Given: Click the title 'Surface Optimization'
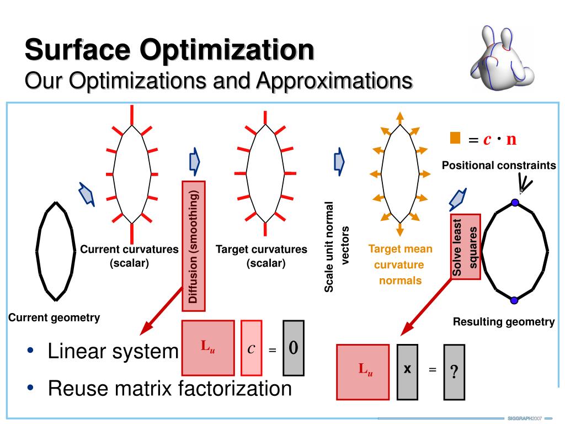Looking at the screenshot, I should pyautogui.click(x=169, y=50).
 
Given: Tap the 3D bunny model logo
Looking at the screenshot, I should pyautogui.click(x=502, y=57).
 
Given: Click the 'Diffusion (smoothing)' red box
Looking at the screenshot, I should pyautogui.click(x=194, y=246).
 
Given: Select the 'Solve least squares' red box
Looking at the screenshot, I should pyautogui.click(x=466, y=246).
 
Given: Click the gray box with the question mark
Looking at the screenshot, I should pyautogui.click(x=454, y=372).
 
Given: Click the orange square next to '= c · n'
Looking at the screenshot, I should pyautogui.click(x=455, y=138).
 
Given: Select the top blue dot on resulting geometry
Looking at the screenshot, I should pyautogui.click(x=515, y=203).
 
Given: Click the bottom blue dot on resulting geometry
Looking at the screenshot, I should pyautogui.click(x=514, y=300).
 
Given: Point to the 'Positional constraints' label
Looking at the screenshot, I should pyautogui.click(x=499, y=165).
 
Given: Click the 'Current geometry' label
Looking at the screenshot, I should pyautogui.click(x=54, y=317).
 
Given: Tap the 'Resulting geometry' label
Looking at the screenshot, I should pyautogui.click(x=504, y=322).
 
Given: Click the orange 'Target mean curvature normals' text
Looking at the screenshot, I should pyautogui.click(x=400, y=265).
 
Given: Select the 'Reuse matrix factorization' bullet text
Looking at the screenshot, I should pyautogui.click(x=169, y=388).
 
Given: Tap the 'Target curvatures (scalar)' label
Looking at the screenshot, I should pyautogui.click(x=262, y=256).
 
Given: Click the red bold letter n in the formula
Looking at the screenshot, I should pyautogui.click(x=511, y=139).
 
